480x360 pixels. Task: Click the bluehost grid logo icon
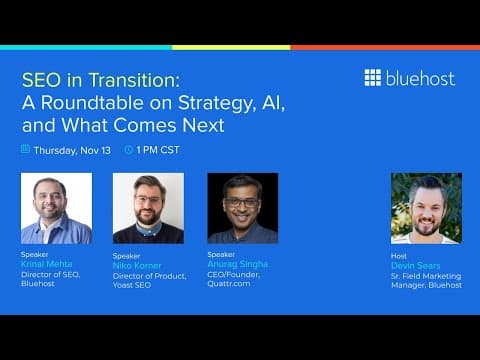point(372,78)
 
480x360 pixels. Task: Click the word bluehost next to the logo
point(420,78)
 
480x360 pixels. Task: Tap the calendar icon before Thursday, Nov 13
point(26,149)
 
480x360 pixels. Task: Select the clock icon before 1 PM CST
point(128,149)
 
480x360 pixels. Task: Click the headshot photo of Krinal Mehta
point(56,208)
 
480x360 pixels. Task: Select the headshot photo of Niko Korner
point(148,208)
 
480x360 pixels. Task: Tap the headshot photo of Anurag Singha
point(242,208)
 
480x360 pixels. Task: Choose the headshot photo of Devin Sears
point(426,208)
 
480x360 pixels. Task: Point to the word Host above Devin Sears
point(399,255)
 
